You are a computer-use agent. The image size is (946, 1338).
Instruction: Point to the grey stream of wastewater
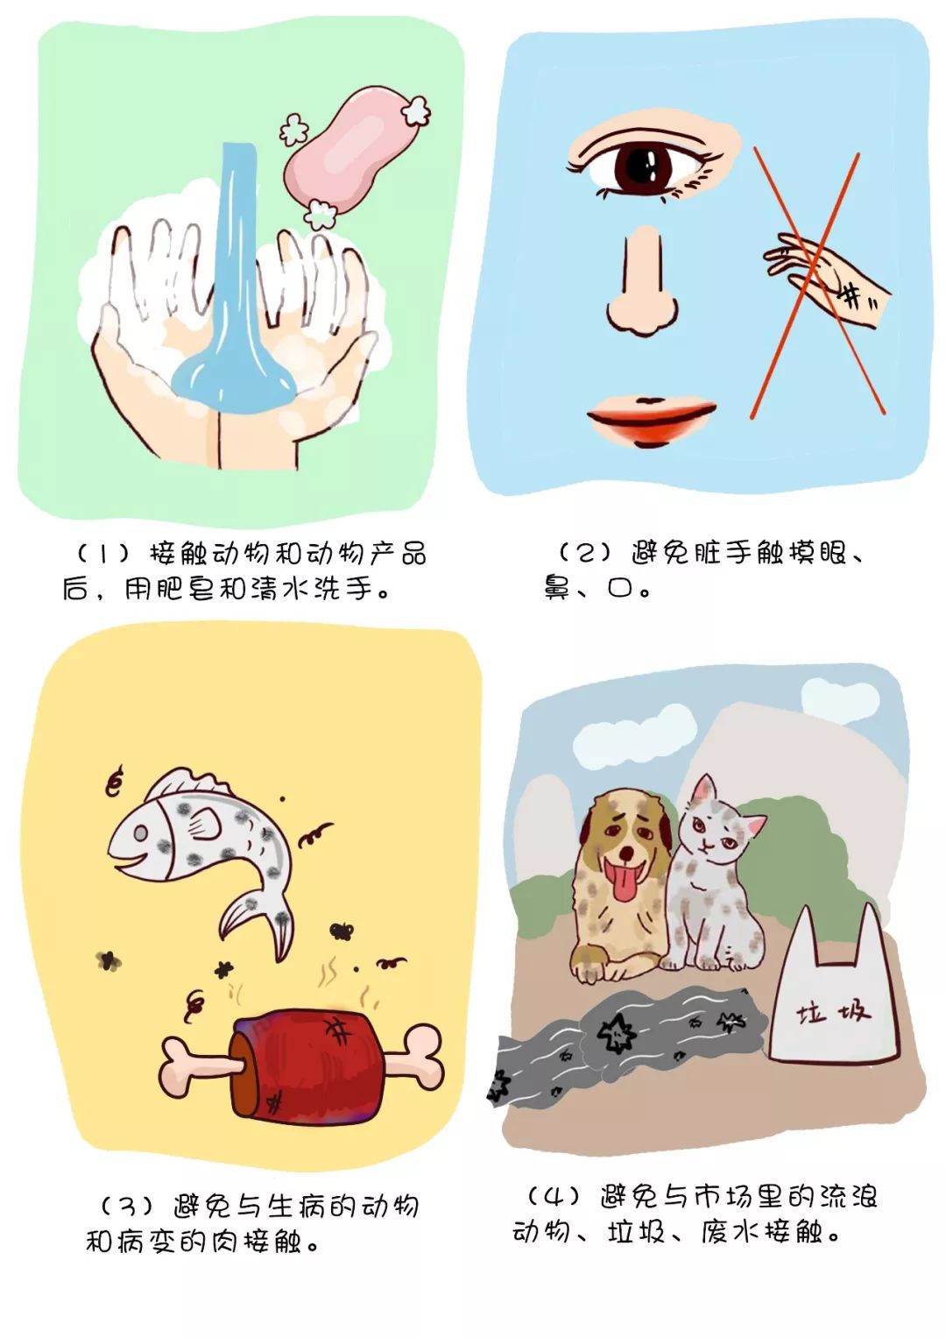(631, 1034)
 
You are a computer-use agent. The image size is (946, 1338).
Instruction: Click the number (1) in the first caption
(103, 555)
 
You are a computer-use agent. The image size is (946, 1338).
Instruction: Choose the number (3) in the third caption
(128, 1207)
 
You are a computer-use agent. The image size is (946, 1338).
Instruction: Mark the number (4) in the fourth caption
(554, 1195)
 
